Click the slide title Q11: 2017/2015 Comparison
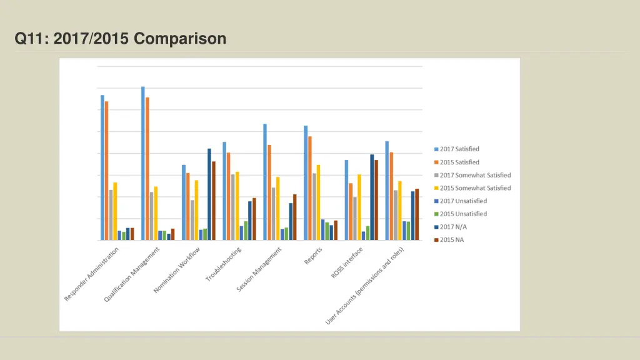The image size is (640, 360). pos(121,39)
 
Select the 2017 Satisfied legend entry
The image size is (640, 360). pos(459,149)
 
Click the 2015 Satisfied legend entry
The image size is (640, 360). pos(459,162)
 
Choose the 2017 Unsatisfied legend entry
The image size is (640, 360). pos(463,201)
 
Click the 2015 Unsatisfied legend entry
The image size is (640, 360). pos(463,214)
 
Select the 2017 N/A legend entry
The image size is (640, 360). pos(454,227)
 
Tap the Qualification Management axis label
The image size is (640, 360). pos(132,274)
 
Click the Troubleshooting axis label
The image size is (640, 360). pos(224,264)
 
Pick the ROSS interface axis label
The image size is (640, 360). pos(348,262)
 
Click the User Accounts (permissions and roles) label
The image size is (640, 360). pos(365,286)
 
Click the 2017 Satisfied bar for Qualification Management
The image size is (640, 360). pos(143,163)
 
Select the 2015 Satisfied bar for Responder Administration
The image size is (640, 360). pos(107,171)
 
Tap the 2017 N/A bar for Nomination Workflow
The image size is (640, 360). pos(209,194)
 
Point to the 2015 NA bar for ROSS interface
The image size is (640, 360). pos(376,200)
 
